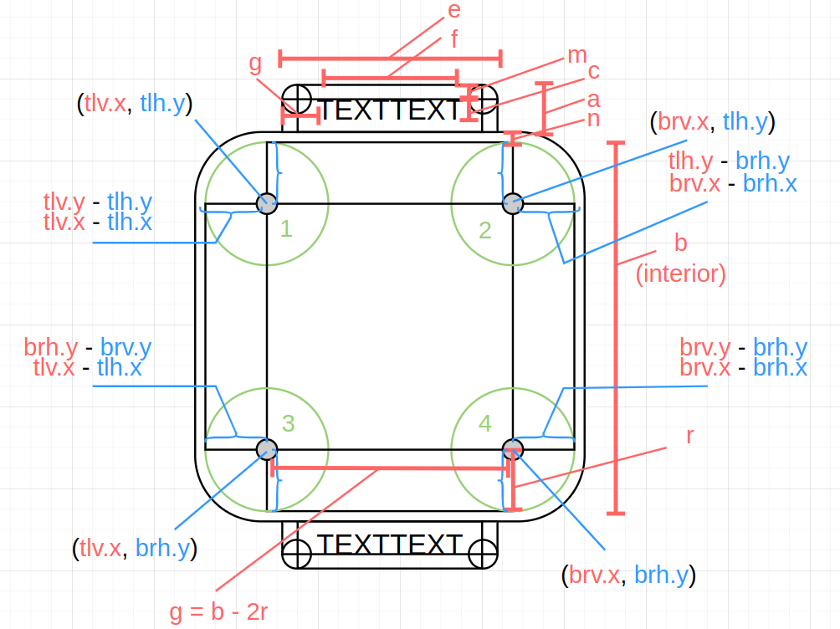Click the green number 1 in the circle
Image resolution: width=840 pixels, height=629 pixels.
click(x=286, y=228)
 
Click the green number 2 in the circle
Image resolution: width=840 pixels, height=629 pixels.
click(x=485, y=228)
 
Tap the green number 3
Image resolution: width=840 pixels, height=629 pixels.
click(x=288, y=423)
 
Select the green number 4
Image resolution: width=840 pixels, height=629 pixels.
click(x=484, y=423)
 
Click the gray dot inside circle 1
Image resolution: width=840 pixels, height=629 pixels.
click(x=267, y=202)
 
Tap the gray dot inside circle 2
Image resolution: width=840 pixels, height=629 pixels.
click(x=513, y=202)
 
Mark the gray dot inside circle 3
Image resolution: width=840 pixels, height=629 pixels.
click(x=267, y=449)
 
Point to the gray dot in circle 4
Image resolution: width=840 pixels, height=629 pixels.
click(x=513, y=449)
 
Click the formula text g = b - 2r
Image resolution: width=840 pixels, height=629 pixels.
click(x=218, y=612)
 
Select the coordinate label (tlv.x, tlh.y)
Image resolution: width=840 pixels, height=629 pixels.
click(x=134, y=103)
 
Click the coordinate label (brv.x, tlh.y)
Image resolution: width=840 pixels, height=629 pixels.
click(x=712, y=122)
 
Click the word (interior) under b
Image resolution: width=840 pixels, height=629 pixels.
click(x=681, y=274)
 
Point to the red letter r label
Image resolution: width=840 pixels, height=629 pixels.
click(x=690, y=436)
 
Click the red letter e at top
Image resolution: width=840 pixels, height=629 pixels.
click(x=454, y=10)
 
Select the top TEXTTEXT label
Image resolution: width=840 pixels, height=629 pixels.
click(x=390, y=110)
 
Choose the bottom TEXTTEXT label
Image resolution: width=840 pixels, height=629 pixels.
click(x=390, y=545)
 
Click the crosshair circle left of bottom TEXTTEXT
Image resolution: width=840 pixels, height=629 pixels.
click(x=297, y=551)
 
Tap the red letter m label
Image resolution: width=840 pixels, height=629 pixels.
click(x=577, y=55)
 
